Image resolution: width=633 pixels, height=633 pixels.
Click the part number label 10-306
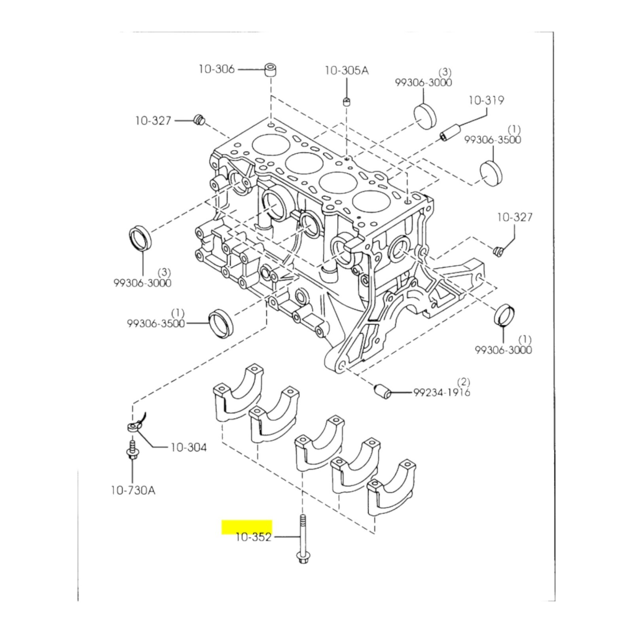point(216,69)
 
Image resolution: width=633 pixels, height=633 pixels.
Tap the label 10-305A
point(347,70)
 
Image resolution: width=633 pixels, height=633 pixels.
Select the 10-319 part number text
point(486,100)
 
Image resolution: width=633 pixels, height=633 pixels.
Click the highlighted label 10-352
point(254,537)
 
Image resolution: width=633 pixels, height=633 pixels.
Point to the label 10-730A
point(133,491)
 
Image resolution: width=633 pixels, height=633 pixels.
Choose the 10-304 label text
point(188,447)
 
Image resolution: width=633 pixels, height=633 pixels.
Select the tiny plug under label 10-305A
point(346,102)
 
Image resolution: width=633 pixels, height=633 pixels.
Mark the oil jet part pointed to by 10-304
point(135,424)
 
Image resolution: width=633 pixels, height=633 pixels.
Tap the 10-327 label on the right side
point(515,217)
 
